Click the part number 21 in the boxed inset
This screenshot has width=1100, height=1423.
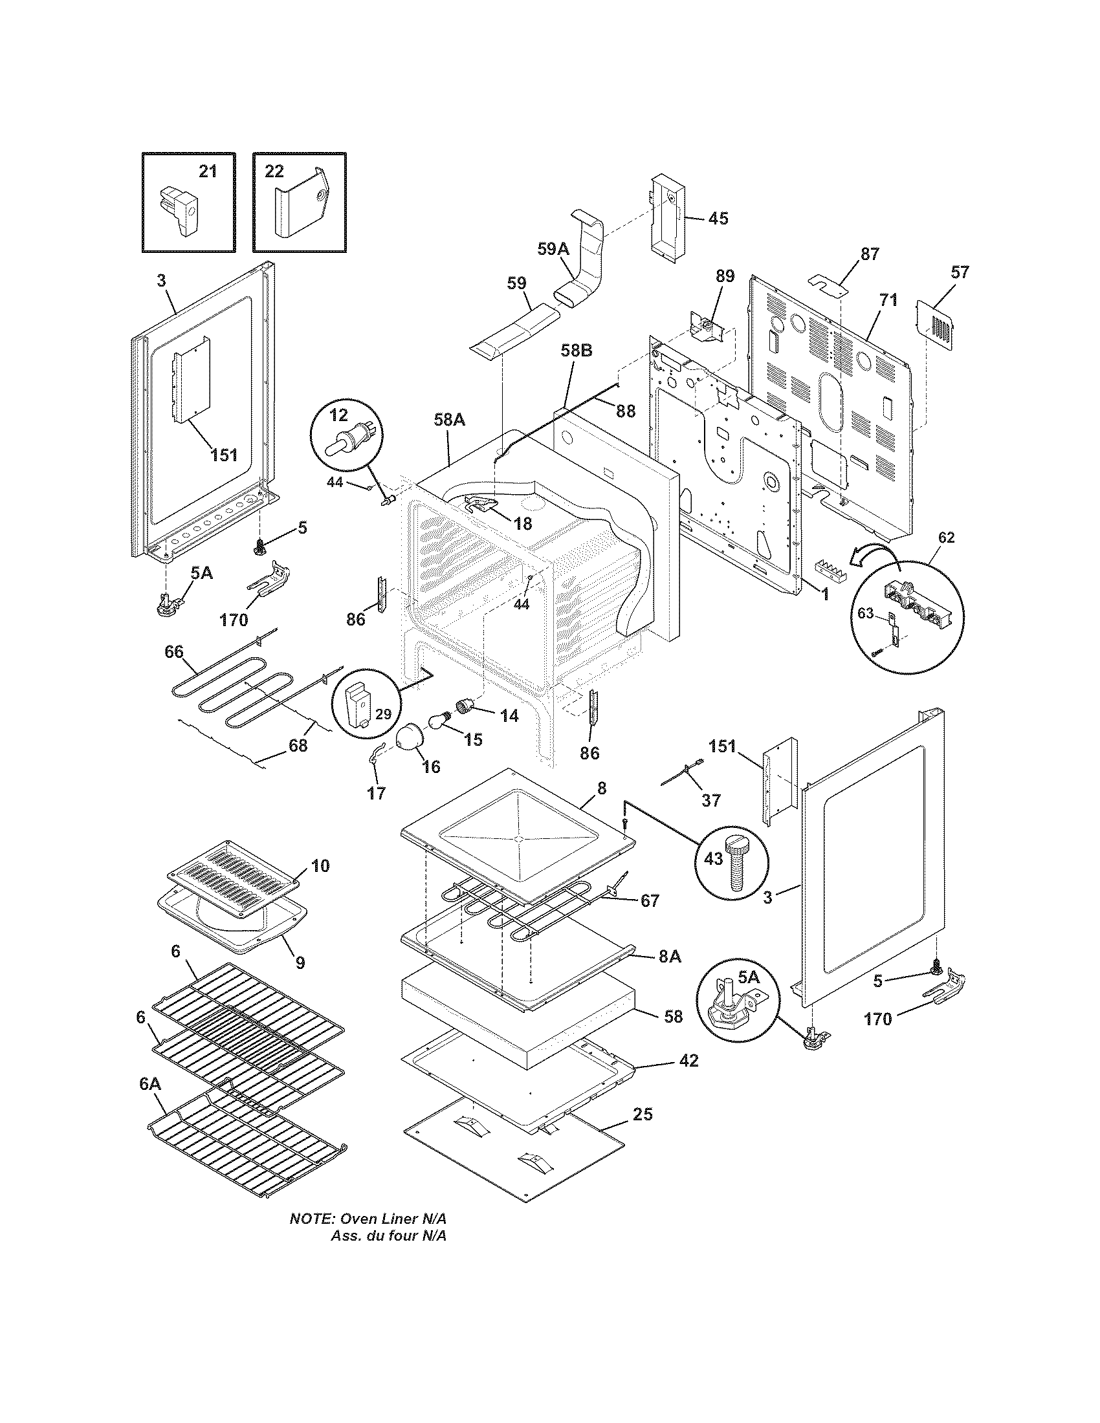pos(207,171)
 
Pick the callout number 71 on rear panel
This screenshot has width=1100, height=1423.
pos(888,300)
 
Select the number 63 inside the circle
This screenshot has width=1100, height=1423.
pos(864,614)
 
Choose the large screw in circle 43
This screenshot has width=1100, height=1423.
pos(736,861)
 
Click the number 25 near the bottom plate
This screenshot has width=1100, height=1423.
pos(642,1114)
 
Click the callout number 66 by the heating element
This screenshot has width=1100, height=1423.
pos(174,652)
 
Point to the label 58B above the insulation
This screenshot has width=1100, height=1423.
pos(577,351)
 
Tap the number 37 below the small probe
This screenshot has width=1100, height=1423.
pos(710,799)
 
